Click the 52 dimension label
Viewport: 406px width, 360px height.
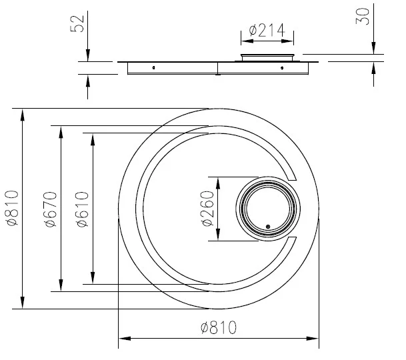click(x=77, y=24)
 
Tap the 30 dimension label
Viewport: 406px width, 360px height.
click(x=363, y=17)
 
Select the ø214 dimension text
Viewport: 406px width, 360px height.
click(x=267, y=30)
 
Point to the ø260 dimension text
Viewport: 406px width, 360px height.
click(x=207, y=209)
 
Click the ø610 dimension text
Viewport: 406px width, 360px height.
click(x=83, y=209)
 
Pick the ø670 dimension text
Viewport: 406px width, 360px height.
click(x=51, y=209)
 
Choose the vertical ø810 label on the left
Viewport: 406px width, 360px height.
click(x=12, y=208)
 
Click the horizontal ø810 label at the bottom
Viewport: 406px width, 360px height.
click(x=219, y=327)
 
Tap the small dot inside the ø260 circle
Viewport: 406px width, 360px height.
click(x=268, y=227)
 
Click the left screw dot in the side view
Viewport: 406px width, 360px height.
click(x=153, y=68)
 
